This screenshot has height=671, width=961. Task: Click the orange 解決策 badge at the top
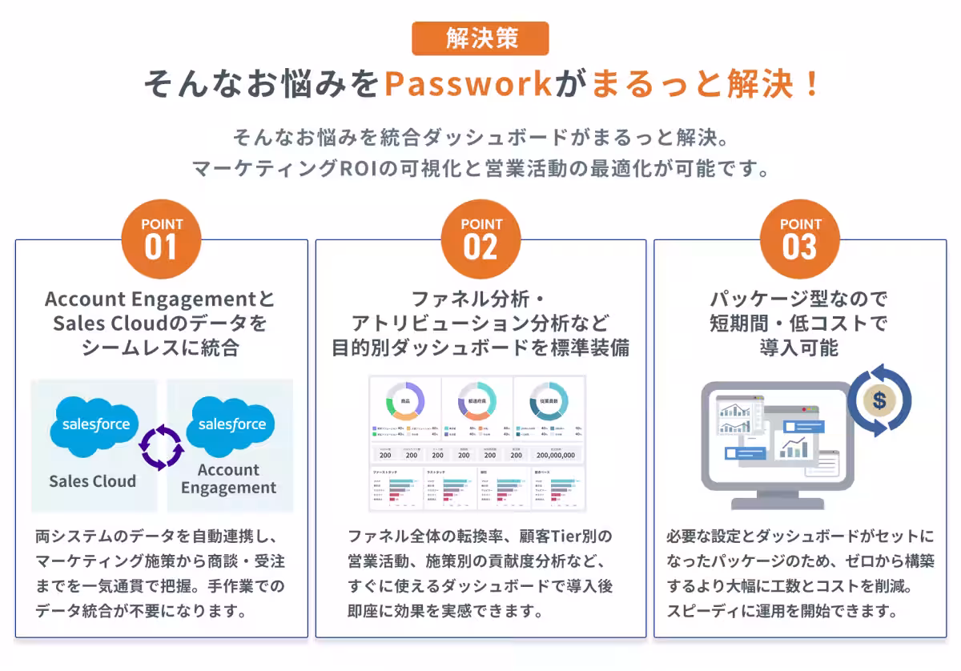[480, 38]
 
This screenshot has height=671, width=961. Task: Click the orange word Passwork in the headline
[468, 84]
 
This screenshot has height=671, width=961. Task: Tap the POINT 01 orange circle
[161, 239]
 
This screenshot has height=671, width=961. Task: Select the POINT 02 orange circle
[480, 239]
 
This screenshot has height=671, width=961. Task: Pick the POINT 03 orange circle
[800, 239]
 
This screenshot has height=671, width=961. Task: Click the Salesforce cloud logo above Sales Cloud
[95, 424]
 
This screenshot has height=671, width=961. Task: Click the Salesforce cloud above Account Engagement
[231, 424]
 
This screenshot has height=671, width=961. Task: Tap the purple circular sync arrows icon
[162, 446]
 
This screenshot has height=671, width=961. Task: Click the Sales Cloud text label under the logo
[92, 481]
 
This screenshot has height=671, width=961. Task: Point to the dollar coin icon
[879, 400]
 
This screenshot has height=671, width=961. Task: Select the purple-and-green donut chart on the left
[404, 400]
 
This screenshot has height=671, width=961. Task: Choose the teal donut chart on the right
[549, 400]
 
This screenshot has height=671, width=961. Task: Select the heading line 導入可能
[799, 348]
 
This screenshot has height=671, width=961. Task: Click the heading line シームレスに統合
[160, 348]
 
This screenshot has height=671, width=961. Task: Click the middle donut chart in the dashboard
[476, 400]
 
